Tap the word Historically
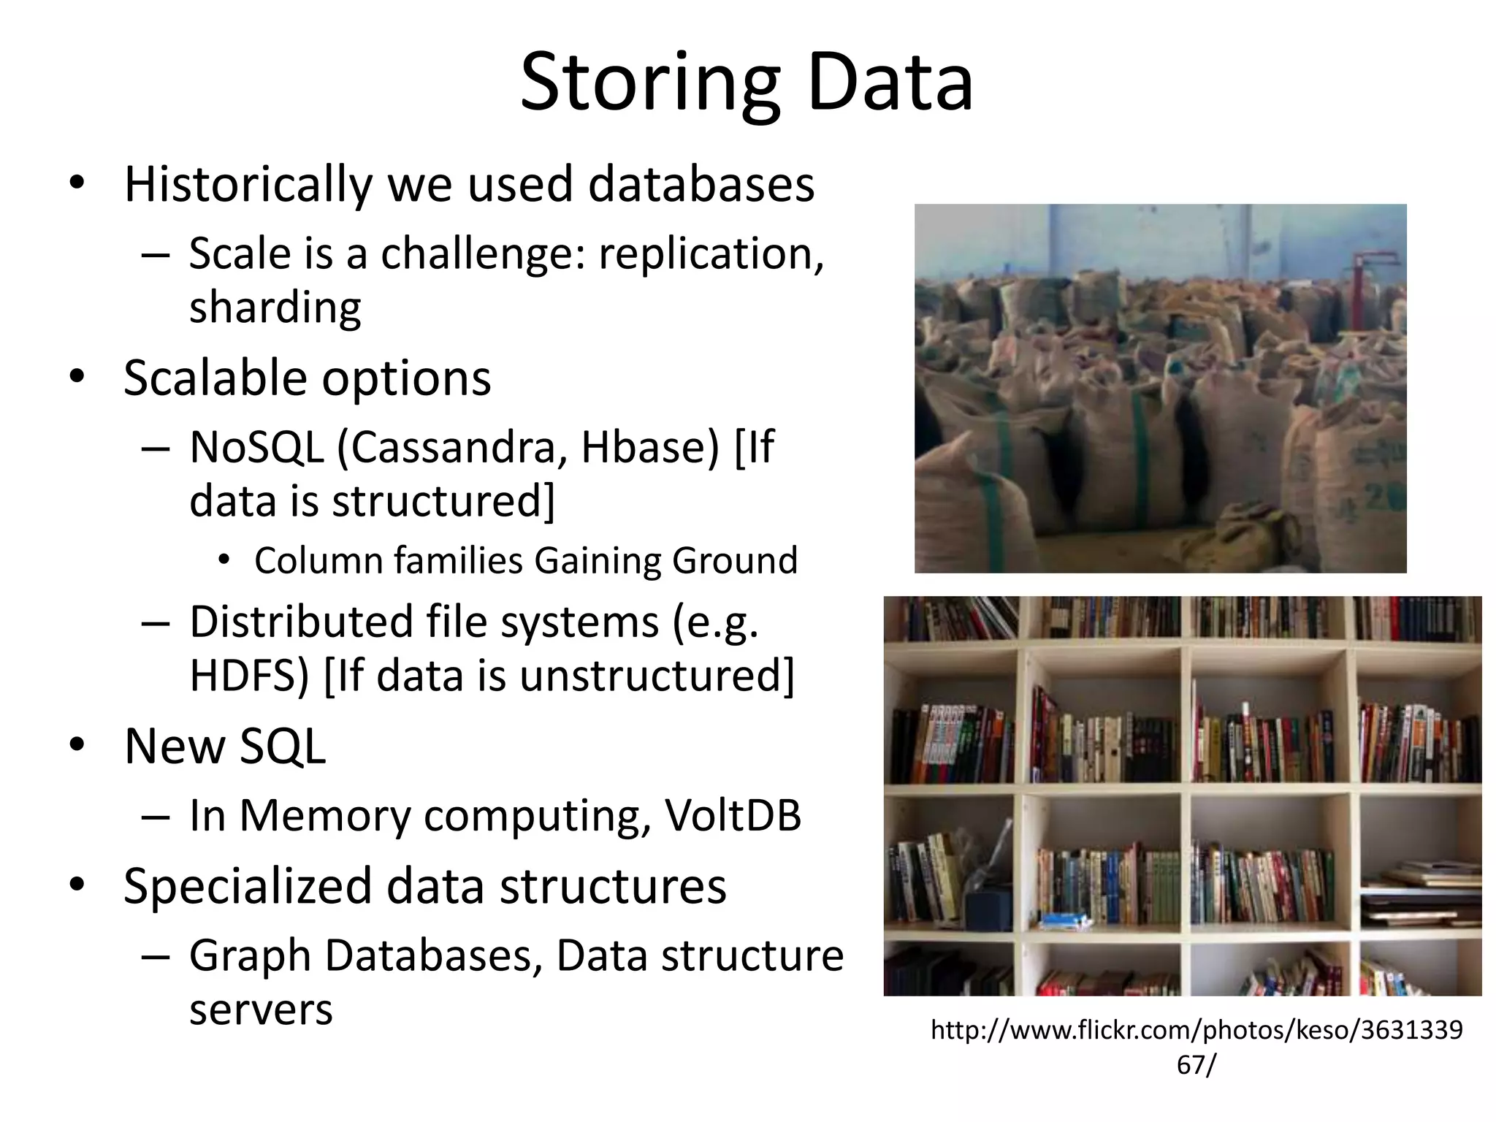tap(248, 184)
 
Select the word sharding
tap(275, 308)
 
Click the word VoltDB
tap(733, 815)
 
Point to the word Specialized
tap(248, 887)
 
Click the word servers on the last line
tap(261, 1010)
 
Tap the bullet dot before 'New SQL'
tap(77, 745)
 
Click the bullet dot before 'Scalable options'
tap(77, 378)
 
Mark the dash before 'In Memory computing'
tap(156, 816)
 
